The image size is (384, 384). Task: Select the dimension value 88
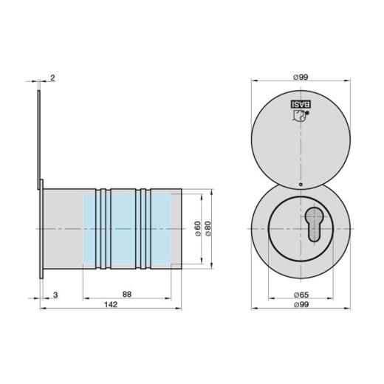[127, 293]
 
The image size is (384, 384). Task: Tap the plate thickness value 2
[53, 77]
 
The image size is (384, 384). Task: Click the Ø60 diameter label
[197, 228]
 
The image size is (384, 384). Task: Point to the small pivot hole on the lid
[300, 185]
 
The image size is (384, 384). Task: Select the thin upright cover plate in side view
[39, 133]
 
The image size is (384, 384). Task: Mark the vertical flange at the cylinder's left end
[43, 229]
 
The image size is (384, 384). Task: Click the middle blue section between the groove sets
[125, 228]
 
